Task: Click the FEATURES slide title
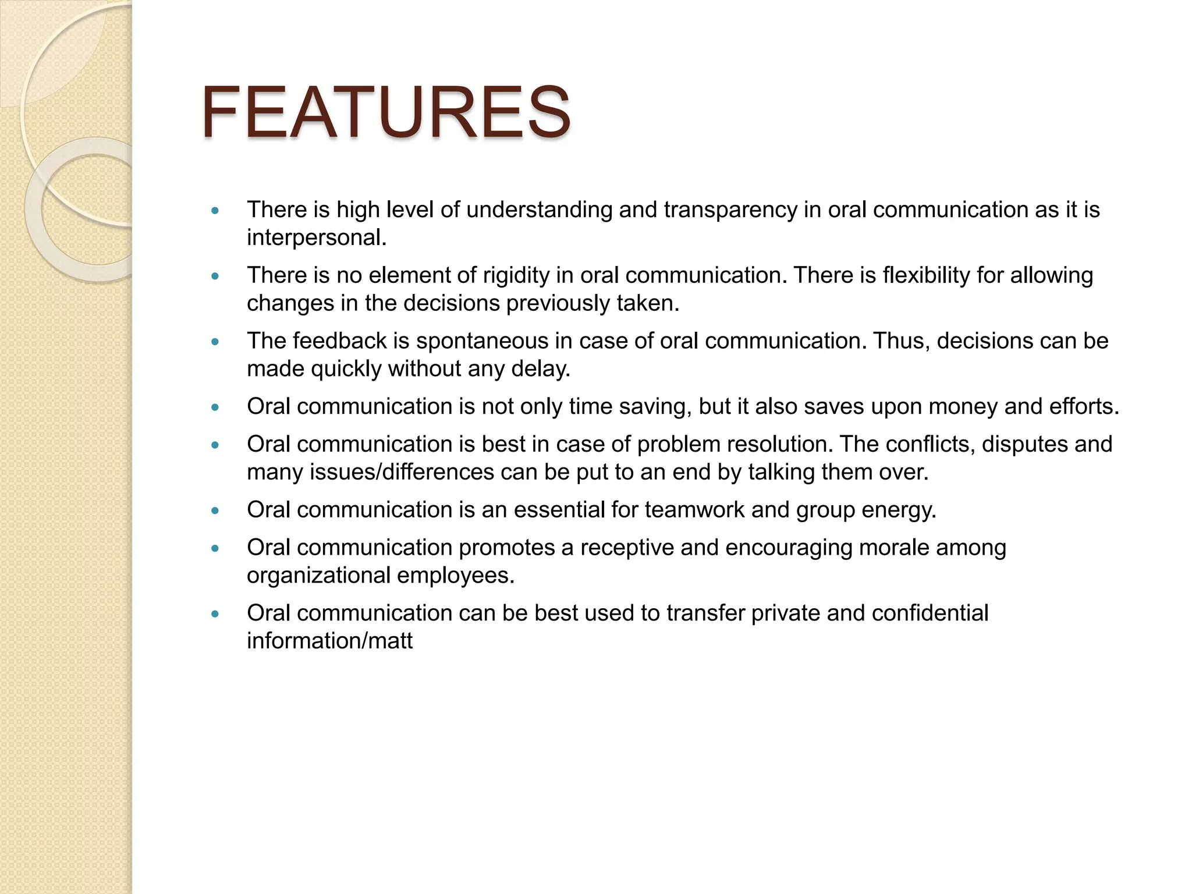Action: click(385, 112)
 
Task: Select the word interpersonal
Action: click(316, 238)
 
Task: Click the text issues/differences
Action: click(402, 472)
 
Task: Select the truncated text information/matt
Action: click(329, 641)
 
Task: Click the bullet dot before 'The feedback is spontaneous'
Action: click(215, 342)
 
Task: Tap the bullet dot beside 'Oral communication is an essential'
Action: click(215, 511)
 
